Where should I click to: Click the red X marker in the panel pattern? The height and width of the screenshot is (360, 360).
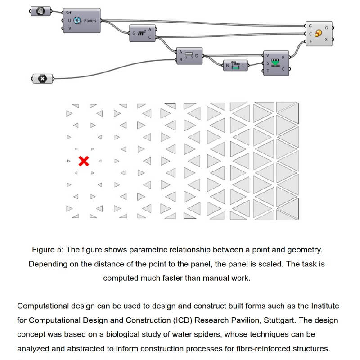pyautogui.click(x=83, y=161)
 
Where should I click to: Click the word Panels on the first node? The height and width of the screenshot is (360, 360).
pyautogui.click(x=90, y=21)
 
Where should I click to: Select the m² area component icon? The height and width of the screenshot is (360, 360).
pyautogui.click(x=141, y=33)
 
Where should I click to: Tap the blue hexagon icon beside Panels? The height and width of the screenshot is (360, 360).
pyautogui.click(x=76, y=21)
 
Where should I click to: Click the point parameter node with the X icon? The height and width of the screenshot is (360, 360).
pyautogui.click(x=43, y=79)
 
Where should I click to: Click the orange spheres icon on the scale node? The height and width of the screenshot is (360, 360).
pyautogui.click(x=318, y=33)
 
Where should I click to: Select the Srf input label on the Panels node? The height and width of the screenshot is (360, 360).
pyautogui.click(x=68, y=13)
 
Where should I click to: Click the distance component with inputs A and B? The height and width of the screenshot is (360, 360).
pyautogui.click(x=189, y=56)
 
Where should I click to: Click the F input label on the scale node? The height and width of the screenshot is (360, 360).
pyautogui.click(x=310, y=41)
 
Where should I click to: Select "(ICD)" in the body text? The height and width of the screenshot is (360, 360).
pyautogui.click(x=171, y=321)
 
